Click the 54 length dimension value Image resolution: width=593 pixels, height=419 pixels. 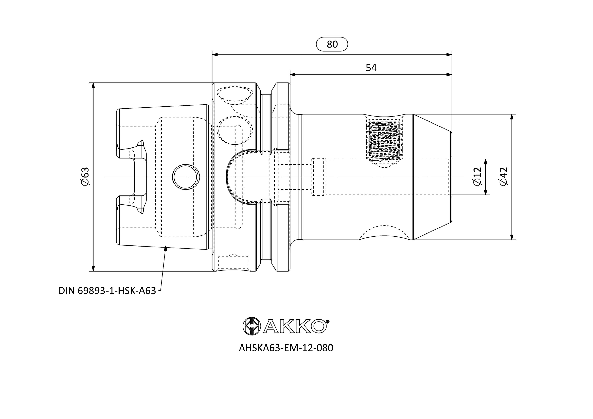click(x=371, y=68)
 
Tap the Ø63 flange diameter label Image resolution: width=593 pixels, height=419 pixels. click(x=85, y=176)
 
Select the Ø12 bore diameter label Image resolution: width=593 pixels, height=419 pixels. click(x=478, y=176)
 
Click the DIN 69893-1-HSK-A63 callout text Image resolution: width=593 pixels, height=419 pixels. click(x=107, y=291)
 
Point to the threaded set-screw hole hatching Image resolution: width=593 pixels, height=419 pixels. click(x=385, y=141)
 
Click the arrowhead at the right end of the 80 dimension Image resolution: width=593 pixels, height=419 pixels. click(x=449, y=54)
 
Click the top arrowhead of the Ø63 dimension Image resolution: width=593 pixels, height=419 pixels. click(x=93, y=85)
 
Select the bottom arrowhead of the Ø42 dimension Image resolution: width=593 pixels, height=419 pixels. click(x=512, y=237)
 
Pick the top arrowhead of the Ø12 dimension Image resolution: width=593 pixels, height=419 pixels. click(x=485, y=162)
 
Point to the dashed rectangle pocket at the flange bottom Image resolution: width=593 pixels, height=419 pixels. click(x=233, y=263)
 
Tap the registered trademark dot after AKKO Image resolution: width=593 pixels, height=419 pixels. click(x=328, y=322)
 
